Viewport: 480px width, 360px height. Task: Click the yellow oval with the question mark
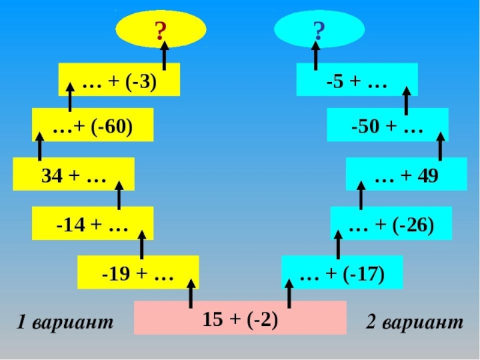(x=161, y=29)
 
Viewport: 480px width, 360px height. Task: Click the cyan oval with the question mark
(x=319, y=29)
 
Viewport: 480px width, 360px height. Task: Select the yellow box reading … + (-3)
(x=119, y=80)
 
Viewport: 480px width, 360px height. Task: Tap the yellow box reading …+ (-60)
(x=92, y=125)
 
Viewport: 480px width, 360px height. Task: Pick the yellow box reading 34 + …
(x=73, y=175)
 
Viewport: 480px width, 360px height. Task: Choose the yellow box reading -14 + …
(x=92, y=224)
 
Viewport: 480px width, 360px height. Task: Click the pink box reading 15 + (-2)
(x=240, y=318)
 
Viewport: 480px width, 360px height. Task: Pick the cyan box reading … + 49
(x=406, y=175)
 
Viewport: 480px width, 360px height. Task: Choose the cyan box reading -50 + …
(x=388, y=125)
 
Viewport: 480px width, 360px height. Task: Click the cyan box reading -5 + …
(x=357, y=80)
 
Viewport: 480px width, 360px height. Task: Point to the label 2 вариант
(x=415, y=323)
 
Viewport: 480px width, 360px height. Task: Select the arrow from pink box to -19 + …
(x=191, y=292)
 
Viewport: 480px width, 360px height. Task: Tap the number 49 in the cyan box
(x=428, y=175)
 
